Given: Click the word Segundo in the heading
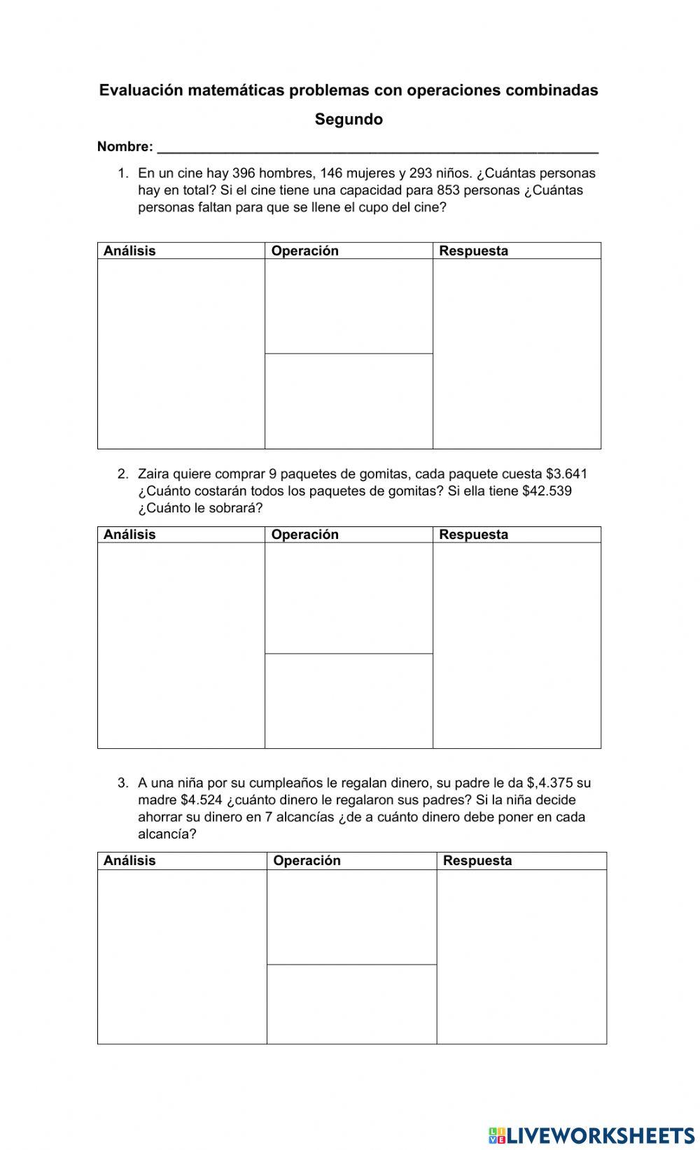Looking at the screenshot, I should pyautogui.click(x=349, y=119).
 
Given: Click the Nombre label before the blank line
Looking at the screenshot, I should pyautogui.click(x=125, y=146).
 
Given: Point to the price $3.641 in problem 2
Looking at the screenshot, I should pyautogui.click(x=566, y=474).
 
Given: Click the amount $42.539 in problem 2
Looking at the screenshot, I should pyautogui.click(x=547, y=491).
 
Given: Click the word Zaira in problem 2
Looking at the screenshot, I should pyautogui.click(x=153, y=474).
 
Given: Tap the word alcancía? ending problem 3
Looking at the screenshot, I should pyautogui.click(x=167, y=834).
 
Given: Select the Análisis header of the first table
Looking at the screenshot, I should pyautogui.click(x=129, y=251).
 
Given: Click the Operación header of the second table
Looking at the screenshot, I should pyautogui.click(x=304, y=535).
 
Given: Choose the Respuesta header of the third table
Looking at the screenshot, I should pyautogui.click(x=477, y=861).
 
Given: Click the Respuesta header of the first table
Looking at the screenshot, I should pyautogui.click(x=473, y=251).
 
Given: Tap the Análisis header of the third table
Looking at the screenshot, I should pyautogui.click(x=129, y=861).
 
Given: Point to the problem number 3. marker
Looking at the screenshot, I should pyautogui.click(x=123, y=783).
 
